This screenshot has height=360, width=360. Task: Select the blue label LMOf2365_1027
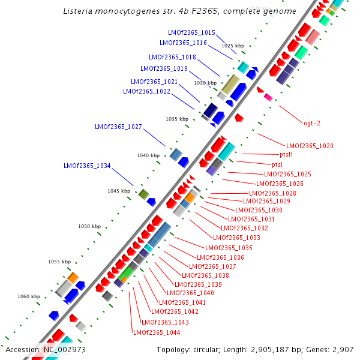[118, 127]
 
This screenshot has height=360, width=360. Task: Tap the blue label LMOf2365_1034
[87, 166]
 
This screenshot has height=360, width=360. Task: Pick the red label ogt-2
[312, 123]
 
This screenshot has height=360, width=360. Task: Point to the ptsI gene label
[277, 164]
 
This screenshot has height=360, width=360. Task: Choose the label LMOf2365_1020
[310, 146]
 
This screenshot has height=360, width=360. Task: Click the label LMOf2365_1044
[156, 332]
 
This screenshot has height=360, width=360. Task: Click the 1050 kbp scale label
[89, 226]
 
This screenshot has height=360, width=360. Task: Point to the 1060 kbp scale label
[29, 296]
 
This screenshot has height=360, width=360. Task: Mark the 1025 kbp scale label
[233, 46]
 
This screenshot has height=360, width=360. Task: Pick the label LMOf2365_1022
[146, 91]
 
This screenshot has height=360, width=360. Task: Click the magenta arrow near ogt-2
[268, 97]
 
